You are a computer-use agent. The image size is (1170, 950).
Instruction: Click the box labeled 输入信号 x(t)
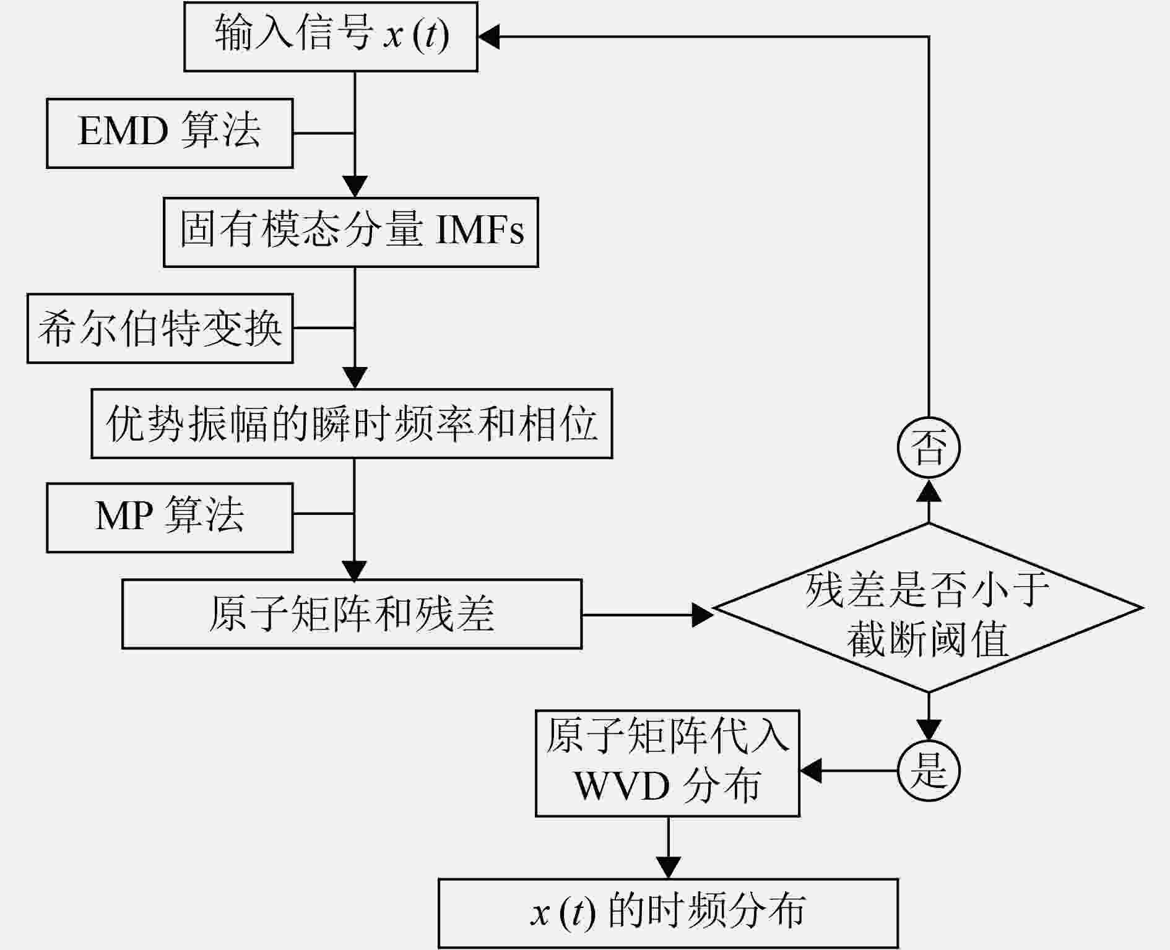pos(331,37)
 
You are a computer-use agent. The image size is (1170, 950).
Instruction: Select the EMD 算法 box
pos(170,133)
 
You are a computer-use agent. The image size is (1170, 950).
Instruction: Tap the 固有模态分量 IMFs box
pos(350,232)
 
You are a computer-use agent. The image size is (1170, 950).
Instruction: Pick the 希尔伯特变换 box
pos(160,328)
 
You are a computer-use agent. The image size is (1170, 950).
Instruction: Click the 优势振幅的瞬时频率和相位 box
pos(352,423)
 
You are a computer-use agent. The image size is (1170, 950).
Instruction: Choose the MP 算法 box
pos(170,517)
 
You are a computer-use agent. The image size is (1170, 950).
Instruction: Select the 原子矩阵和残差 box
pos(352,614)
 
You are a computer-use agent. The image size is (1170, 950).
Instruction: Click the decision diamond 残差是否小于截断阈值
pos(928,608)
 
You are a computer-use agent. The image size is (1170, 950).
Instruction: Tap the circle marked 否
pos(929,447)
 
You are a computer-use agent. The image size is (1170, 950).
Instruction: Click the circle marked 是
pos(929,771)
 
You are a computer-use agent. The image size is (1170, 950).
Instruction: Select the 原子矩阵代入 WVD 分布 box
pos(667,763)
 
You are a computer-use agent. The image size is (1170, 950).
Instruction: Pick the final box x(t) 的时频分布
pos(668,913)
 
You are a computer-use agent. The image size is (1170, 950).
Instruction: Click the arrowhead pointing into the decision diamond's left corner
pos(702,615)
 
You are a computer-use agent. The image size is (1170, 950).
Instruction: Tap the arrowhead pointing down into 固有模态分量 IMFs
pos(355,186)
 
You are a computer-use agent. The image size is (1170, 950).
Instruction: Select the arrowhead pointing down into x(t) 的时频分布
pos(668,867)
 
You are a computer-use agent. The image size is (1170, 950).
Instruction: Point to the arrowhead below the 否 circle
pos(929,491)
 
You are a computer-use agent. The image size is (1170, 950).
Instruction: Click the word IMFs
pos(480,231)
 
